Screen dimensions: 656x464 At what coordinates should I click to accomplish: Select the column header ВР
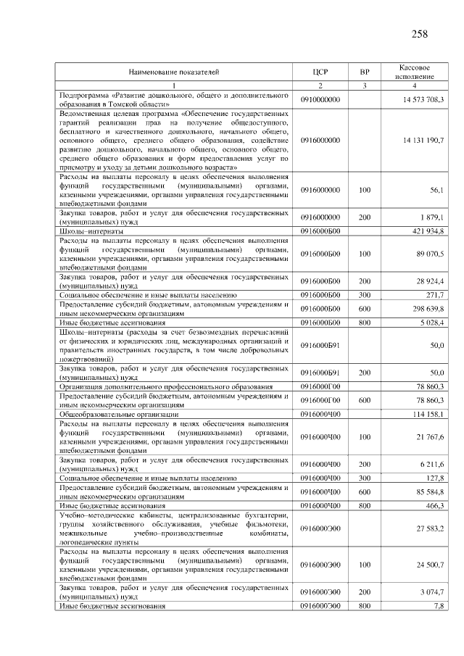(x=365, y=72)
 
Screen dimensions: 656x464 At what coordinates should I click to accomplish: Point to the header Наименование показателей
(x=174, y=72)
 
